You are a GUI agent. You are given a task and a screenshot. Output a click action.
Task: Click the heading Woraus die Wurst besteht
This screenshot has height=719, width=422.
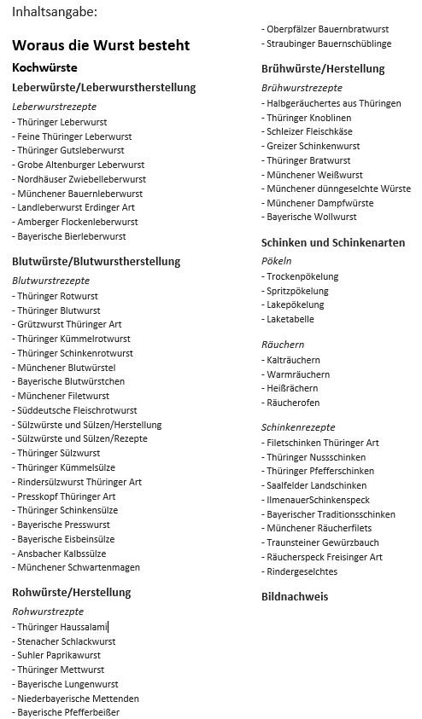coord(101,45)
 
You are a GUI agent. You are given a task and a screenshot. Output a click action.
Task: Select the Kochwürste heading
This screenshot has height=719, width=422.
coord(45,67)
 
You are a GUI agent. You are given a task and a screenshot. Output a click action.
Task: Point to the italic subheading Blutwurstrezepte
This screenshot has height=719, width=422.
coord(50,280)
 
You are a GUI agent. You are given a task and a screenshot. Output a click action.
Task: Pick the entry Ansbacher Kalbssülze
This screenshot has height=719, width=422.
coord(60,553)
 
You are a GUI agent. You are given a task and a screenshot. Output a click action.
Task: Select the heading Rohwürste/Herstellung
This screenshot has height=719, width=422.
coord(71,592)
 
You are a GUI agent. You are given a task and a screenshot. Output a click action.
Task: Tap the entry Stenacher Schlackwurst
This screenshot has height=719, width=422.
coord(66,641)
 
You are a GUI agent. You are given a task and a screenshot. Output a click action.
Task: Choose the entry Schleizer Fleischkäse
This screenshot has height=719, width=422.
coord(308,132)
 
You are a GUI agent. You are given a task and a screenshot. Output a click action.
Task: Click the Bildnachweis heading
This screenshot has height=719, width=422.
coord(295,597)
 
